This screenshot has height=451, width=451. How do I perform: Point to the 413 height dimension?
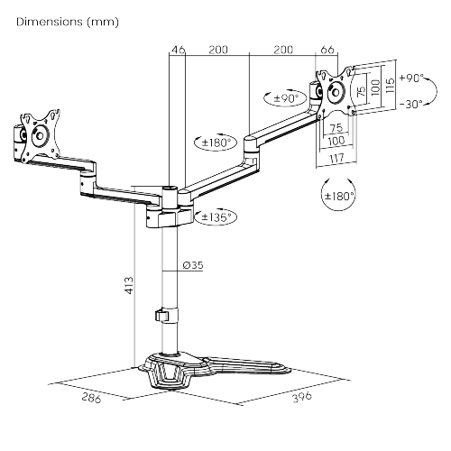click(129, 286)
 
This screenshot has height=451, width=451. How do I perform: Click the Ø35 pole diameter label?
click(191, 265)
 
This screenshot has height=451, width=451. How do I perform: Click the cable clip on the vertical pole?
click(161, 317)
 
